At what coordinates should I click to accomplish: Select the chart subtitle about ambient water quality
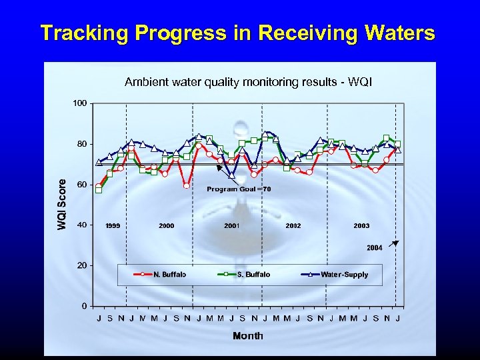coord(248,82)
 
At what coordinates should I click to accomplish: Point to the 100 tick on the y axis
coord(79,103)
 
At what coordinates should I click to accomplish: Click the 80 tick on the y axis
coord(81,144)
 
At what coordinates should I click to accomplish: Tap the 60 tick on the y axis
coord(81,185)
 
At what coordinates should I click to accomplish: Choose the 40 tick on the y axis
coord(81,225)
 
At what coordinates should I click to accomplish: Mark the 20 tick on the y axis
coord(81,265)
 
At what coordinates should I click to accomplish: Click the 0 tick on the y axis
coord(83,306)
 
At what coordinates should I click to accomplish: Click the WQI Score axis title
coord(62,204)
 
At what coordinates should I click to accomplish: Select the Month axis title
coord(247,336)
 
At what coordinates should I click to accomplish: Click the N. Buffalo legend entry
coord(169,274)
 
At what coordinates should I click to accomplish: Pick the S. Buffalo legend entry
coord(253,274)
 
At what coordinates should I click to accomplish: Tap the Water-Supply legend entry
coord(344,274)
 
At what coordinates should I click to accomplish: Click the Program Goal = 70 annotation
coord(239,189)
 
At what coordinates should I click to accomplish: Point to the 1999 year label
coord(113,226)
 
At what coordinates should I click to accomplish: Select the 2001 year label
coord(232,226)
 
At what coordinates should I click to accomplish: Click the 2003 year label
coord(361,226)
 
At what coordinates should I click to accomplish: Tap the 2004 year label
coord(375,247)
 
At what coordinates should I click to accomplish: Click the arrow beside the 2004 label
coord(393,243)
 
